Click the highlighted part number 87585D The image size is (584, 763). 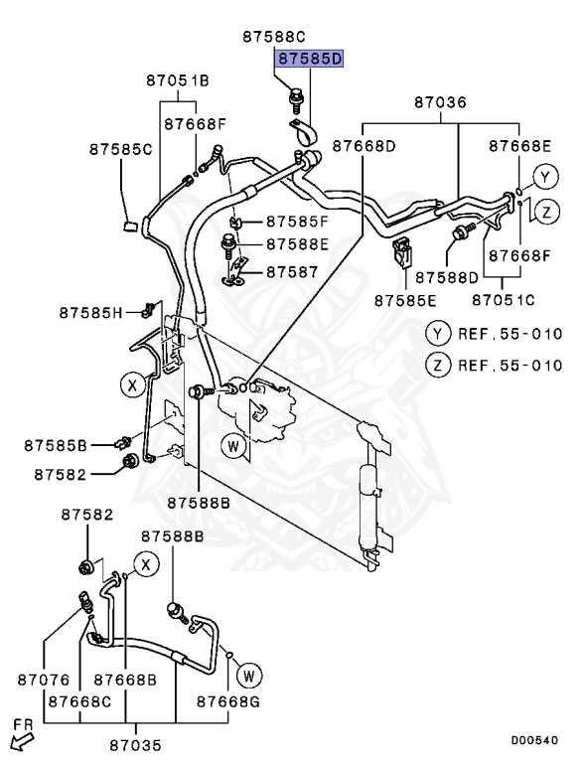[x=309, y=60]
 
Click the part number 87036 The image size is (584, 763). [x=440, y=101]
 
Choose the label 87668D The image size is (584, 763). [x=364, y=146]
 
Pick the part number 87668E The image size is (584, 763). [x=519, y=146]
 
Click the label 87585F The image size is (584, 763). [x=300, y=221]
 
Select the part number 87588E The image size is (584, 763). [x=300, y=244]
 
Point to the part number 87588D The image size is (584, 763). [x=446, y=276]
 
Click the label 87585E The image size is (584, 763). [x=405, y=299]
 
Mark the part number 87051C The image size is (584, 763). [x=504, y=299]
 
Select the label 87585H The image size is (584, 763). [x=90, y=313]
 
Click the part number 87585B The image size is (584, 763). [x=57, y=444]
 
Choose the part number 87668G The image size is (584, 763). [x=227, y=702]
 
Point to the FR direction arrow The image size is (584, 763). [x=20, y=737]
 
